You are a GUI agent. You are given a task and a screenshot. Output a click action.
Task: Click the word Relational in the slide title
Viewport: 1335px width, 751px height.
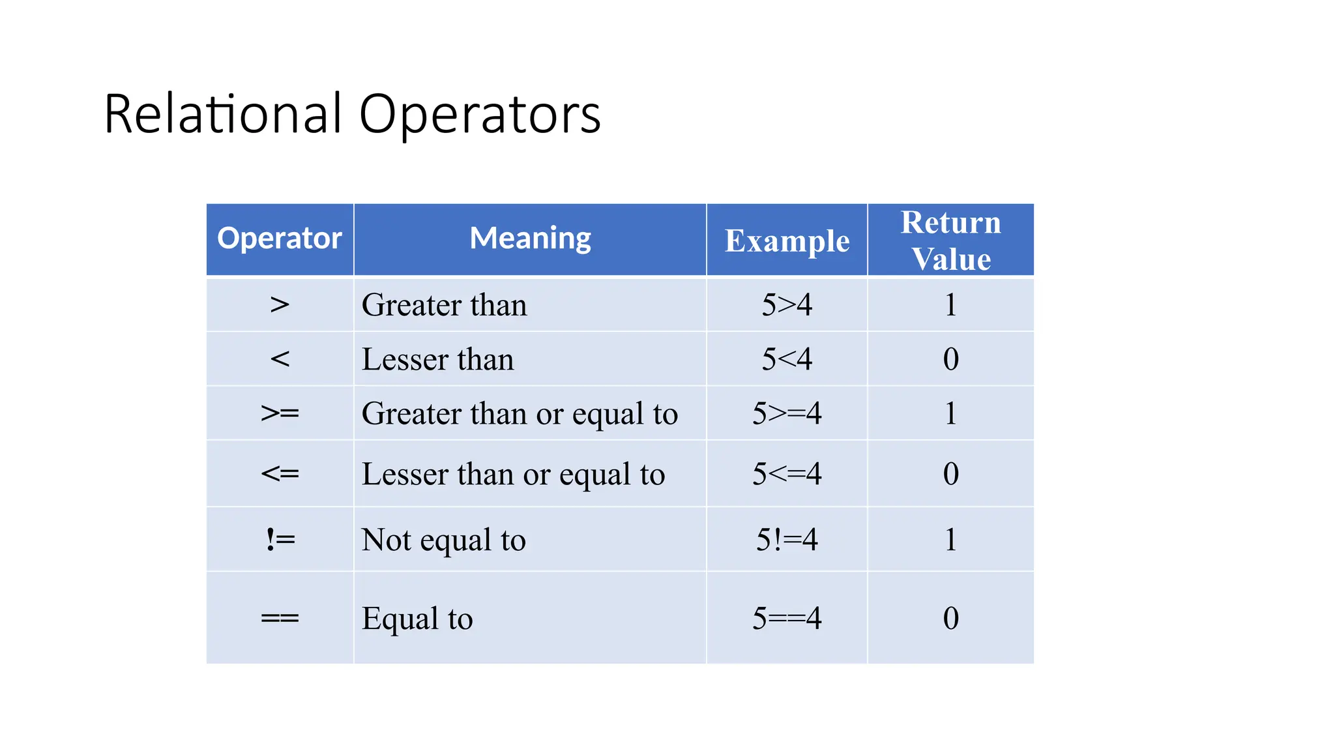pos(222,114)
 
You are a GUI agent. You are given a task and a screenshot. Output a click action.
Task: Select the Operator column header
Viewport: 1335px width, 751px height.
pos(280,239)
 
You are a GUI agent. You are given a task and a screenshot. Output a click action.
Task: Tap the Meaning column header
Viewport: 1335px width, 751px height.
pos(530,239)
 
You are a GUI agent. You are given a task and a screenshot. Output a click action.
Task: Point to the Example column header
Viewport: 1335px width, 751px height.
pos(787,241)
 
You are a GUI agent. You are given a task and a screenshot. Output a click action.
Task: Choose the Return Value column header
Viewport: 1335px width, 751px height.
pos(950,241)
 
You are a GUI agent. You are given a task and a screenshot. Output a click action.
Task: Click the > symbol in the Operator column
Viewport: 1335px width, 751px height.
pos(280,304)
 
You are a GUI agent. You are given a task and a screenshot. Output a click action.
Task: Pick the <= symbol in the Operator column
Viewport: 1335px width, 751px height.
pos(280,473)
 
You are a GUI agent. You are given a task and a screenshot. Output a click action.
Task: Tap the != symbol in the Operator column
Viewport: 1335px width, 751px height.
pos(280,540)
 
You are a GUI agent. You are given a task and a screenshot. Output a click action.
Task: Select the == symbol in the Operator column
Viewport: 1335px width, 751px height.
pos(280,617)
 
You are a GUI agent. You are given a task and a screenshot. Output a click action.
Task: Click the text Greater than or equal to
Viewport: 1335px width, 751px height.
pos(520,414)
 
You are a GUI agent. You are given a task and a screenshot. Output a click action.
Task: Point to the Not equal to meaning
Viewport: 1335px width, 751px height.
pos(443,540)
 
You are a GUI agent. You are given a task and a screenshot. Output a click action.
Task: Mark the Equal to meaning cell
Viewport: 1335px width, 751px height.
pos(417,618)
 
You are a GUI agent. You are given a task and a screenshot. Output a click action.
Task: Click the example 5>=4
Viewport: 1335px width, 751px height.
pos(787,413)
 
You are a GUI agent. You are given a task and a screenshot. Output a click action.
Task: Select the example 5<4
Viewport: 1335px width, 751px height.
pos(787,359)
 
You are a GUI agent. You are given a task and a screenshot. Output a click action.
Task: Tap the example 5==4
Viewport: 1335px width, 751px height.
pos(787,618)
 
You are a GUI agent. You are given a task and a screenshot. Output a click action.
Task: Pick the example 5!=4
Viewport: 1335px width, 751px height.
pos(787,540)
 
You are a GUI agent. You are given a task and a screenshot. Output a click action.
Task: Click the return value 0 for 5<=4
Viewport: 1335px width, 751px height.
pos(950,474)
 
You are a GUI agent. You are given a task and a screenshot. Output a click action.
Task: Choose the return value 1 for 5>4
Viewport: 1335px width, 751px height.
pos(950,304)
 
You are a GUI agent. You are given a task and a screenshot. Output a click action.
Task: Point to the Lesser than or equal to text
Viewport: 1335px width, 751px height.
pos(513,474)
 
